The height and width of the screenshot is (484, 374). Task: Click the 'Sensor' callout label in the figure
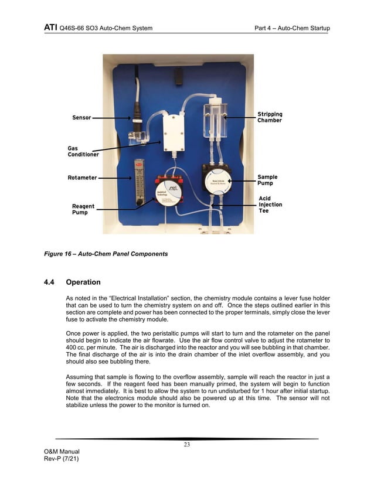(x=81, y=118)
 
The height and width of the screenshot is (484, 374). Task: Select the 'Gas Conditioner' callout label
(x=83, y=151)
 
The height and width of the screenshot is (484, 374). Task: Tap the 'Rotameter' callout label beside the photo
(x=82, y=178)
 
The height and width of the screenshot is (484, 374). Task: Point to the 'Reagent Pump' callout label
(x=83, y=209)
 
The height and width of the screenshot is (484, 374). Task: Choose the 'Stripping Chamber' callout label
(x=270, y=117)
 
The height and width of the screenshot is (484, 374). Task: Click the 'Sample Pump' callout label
(x=267, y=180)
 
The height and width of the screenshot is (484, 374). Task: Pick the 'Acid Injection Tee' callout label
(x=270, y=204)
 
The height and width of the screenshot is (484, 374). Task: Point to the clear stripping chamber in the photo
(x=215, y=120)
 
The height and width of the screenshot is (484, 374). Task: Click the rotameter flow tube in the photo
(x=139, y=182)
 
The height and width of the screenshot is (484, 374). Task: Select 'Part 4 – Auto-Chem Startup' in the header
(x=292, y=28)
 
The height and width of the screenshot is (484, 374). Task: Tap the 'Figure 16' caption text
(x=106, y=254)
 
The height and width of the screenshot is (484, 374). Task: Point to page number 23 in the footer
(x=187, y=445)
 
